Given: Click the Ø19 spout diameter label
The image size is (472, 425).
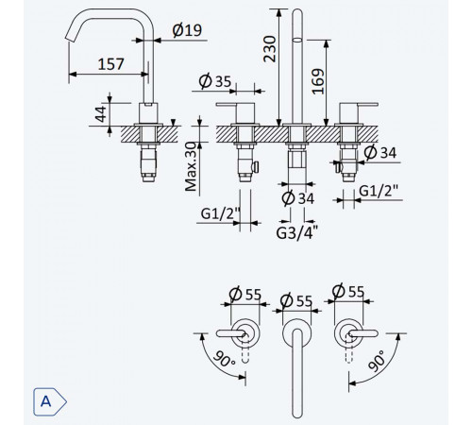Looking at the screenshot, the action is coord(187,30).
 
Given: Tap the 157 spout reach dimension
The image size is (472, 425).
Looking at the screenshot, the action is coord(110,64).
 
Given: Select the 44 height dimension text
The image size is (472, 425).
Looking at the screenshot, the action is coord(101,114).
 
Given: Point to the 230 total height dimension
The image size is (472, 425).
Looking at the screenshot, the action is coord(270,49).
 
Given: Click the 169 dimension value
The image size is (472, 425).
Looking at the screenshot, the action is coord(318,81).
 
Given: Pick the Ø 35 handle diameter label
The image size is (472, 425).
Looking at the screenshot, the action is coord(215,81).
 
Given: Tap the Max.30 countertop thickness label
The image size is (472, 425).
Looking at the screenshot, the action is coord(191,166).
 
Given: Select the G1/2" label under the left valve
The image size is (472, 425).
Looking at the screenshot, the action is coord(220,214).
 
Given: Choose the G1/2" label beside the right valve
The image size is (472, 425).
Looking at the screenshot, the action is coord(379,191).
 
